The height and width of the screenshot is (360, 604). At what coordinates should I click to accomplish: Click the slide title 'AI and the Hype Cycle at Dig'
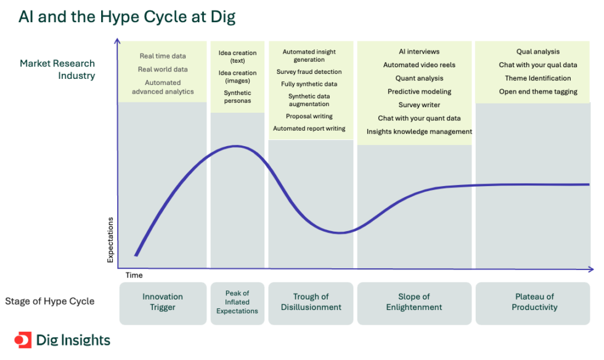point(126,17)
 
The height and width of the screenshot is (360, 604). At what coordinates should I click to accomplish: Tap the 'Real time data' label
point(163,56)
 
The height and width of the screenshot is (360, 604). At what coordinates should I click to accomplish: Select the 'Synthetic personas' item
point(237,97)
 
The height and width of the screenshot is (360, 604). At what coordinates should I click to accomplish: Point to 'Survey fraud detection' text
point(309,72)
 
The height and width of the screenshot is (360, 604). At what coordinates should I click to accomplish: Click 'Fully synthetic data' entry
point(309,84)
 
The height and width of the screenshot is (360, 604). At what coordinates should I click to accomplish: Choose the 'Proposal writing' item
point(309,116)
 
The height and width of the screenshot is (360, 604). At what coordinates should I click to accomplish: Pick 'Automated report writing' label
point(309,129)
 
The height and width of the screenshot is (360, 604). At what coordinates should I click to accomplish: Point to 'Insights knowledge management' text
point(419,131)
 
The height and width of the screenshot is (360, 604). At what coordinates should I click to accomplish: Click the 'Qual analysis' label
point(538,52)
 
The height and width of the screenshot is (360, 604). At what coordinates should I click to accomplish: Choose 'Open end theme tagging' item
point(538,92)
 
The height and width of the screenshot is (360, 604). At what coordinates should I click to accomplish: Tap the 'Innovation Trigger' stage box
point(163,302)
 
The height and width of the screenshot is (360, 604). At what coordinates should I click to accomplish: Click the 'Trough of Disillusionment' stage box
point(311,302)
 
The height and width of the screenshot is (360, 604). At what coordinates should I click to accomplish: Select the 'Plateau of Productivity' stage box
point(534,302)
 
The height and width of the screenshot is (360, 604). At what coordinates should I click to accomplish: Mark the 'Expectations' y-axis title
point(111,240)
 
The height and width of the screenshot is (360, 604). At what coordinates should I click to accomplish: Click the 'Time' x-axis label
point(134,276)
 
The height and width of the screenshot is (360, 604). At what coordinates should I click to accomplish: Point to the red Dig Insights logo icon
point(22,340)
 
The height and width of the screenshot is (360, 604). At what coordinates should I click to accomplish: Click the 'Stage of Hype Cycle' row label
point(50,301)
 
